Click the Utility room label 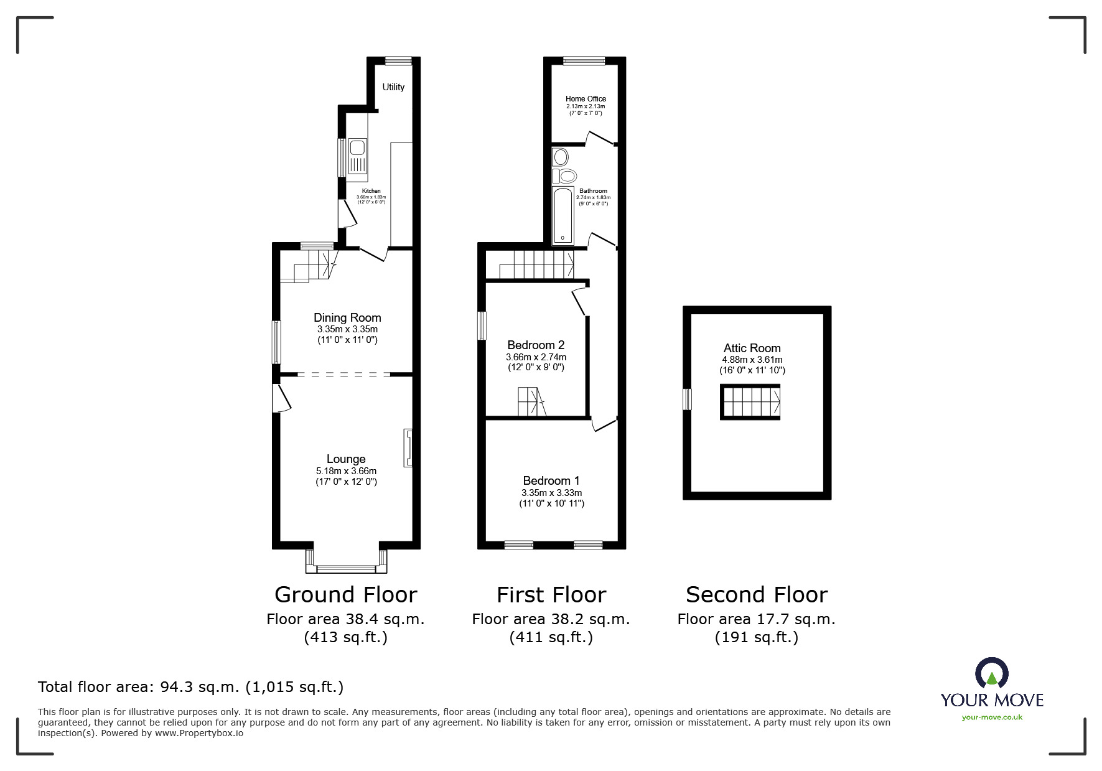point(393,87)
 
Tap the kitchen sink point(358,156)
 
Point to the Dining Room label point(347,317)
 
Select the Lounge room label point(346,459)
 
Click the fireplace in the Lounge point(408,447)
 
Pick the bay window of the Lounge point(346,561)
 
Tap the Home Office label point(586,98)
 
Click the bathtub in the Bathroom point(563,214)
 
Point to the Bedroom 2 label point(536,345)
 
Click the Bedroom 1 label point(551,480)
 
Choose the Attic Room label point(752,348)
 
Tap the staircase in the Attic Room point(750,402)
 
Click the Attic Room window point(688,400)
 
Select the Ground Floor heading point(345,595)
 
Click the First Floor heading point(551,595)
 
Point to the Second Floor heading point(757,595)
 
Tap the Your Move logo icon point(991,674)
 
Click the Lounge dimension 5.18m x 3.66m point(346,471)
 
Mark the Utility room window point(398,61)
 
